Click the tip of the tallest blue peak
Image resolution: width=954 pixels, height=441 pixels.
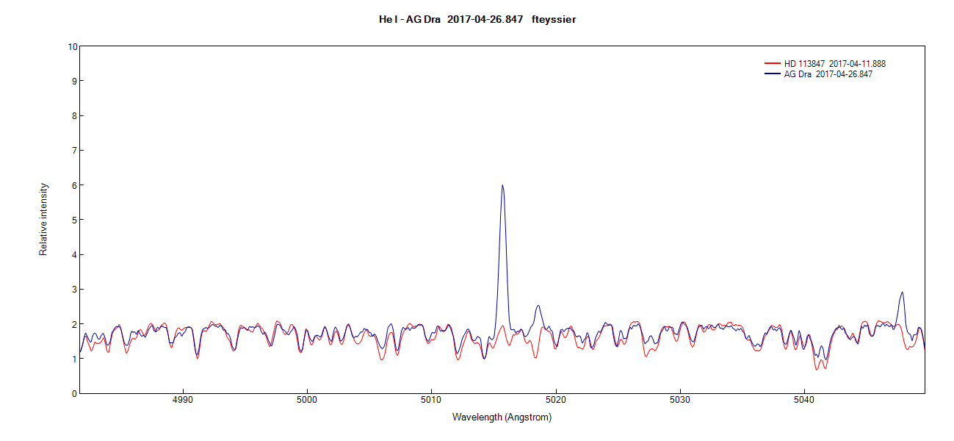[502, 185]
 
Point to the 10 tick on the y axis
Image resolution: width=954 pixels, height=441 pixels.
[72, 46]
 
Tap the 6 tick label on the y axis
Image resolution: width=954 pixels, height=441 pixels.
[73, 185]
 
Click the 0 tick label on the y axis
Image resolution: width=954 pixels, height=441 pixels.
[73, 394]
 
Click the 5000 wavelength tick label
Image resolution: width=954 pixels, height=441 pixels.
[307, 401]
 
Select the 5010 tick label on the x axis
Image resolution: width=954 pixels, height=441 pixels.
[432, 401]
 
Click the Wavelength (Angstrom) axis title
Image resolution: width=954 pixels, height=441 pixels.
[502, 417]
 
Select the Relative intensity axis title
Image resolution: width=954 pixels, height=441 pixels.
[43, 219]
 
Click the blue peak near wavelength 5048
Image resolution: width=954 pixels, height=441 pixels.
[902, 293]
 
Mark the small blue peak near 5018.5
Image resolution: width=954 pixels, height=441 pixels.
[538, 306]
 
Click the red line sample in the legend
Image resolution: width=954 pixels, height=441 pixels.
[772, 64]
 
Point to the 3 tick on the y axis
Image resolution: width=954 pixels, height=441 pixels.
[73, 290]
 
